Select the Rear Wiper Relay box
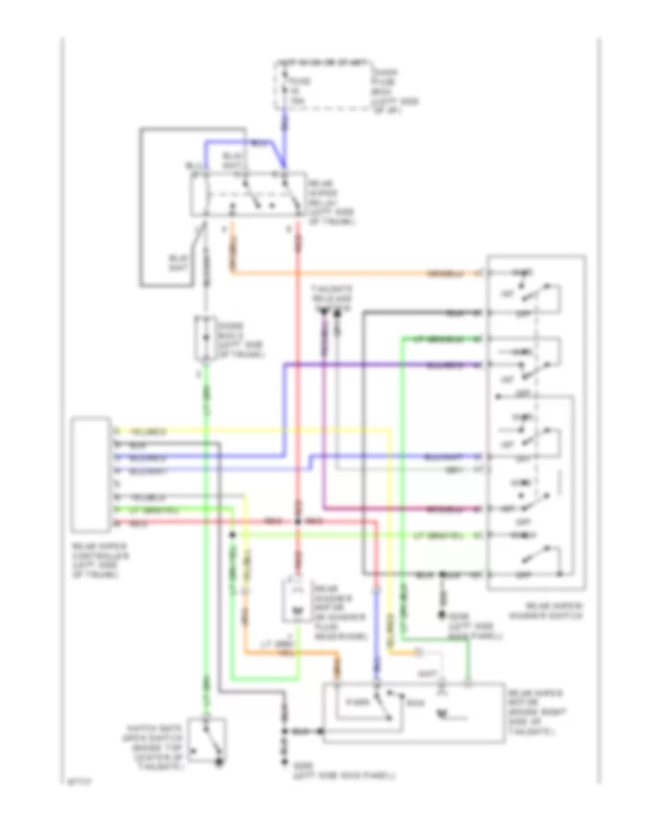(250, 196)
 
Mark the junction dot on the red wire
(297, 521)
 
